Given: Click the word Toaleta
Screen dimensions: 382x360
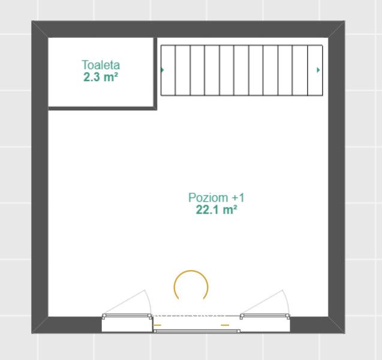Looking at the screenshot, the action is click(x=101, y=65).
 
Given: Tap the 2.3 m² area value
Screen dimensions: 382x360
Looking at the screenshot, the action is click(x=101, y=77).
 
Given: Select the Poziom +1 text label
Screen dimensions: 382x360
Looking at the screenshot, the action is click(x=216, y=197).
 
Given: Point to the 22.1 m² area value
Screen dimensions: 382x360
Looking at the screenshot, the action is click(x=216, y=209).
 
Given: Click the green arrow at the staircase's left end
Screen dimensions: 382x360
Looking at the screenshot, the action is click(x=163, y=70).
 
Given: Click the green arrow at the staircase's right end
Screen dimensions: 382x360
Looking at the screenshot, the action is click(x=318, y=70).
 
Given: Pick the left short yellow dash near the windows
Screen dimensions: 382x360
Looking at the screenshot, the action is click(x=157, y=325).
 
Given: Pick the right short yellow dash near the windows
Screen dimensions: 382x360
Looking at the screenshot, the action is click(x=225, y=325).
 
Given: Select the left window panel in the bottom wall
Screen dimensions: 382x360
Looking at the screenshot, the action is click(x=127, y=316).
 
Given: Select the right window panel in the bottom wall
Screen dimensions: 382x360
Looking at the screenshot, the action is click(x=265, y=316).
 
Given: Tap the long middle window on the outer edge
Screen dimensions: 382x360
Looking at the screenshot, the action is click(x=197, y=331).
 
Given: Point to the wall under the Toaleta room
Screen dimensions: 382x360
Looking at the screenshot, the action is click(x=103, y=109).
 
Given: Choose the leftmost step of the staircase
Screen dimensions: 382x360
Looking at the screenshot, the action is click(x=168, y=70).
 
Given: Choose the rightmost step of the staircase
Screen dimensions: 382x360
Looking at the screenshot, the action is click(x=315, y=70).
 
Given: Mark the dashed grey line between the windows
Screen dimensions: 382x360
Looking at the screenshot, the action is click(x=196, y=316).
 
